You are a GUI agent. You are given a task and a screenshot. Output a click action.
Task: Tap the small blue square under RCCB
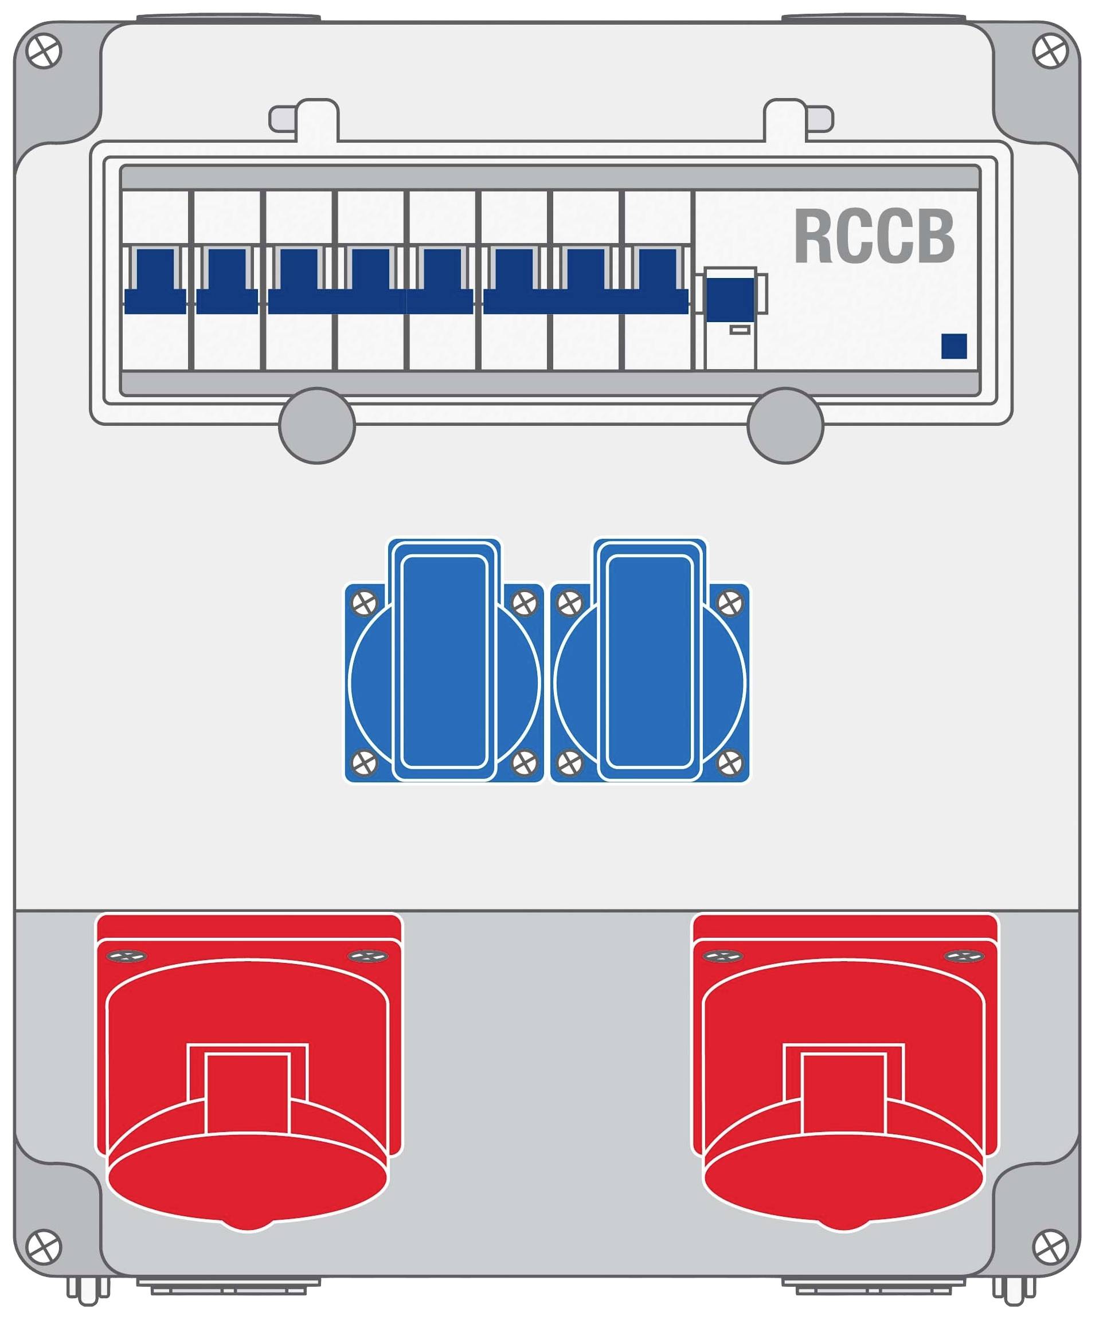(953, 346)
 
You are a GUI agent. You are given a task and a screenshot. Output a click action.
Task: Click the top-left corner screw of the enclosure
(44, 51)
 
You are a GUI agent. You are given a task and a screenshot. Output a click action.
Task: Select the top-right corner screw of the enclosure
(1050, 51)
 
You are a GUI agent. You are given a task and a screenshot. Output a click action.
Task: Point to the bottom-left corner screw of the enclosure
(44, 1246)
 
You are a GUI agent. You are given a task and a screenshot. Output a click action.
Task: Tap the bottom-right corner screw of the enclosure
(1050, 1246)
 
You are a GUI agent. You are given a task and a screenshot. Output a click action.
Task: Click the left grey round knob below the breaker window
(317, 425)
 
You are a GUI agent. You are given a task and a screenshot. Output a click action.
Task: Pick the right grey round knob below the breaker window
(785, 425)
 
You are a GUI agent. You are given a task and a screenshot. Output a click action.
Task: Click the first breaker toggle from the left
(155, 281)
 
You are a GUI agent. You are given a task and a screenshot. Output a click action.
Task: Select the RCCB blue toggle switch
(730, 299)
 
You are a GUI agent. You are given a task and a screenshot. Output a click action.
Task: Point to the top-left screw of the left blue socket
(364, 604)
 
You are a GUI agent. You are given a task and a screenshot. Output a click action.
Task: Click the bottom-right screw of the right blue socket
(730, 763)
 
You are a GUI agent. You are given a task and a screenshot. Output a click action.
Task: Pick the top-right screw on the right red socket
(964, 956)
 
